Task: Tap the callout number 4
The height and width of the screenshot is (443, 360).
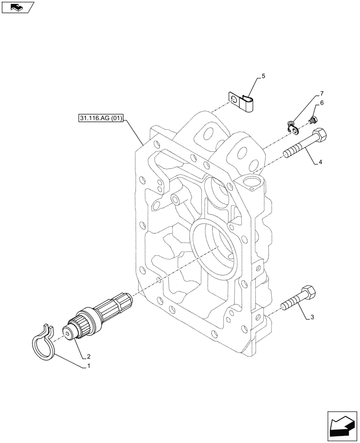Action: [320, 163]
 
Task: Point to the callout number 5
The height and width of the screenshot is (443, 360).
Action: [263, 77]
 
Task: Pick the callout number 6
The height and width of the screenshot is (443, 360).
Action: [322, 103]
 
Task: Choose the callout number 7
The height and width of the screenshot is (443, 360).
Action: [321, 93]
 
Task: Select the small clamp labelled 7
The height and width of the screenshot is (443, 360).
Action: [291, 127]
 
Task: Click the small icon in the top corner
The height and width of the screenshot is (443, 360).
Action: [17, 7]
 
